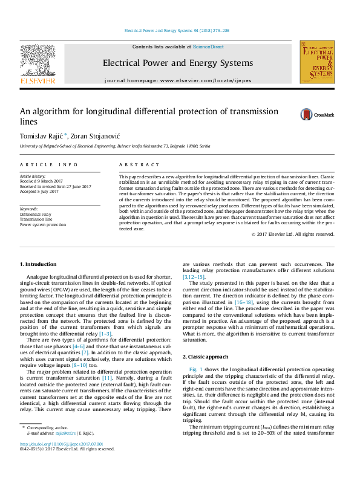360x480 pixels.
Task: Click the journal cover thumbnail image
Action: coord(317,62)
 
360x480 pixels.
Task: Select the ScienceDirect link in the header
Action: coord(208,47)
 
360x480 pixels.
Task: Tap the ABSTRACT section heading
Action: coord(131,164)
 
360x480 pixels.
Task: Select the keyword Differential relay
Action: coord(36,214)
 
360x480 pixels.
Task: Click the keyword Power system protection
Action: coord(43,224)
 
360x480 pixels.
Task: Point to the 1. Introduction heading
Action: coord(39,264)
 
